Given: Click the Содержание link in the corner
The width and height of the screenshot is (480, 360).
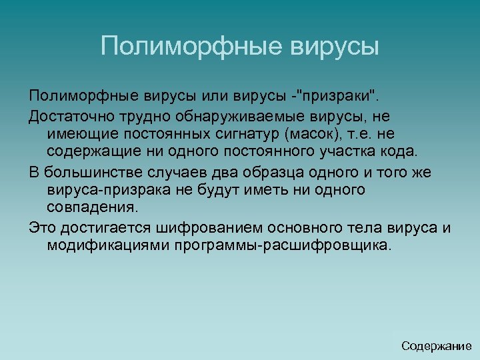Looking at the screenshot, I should tap(437, 346).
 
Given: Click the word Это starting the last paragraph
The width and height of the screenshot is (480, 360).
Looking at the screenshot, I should tap(42, 228).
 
